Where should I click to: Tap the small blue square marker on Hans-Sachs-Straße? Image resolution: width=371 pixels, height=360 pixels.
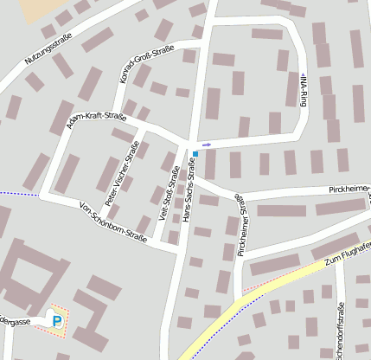195,154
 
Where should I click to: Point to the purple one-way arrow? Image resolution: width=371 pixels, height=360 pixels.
206,144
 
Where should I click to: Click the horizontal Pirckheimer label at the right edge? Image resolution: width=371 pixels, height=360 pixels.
349,188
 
